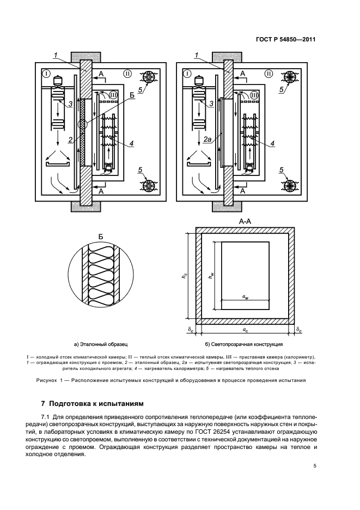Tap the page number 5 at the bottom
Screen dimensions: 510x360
[315, 466]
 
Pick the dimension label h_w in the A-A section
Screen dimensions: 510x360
[211, 277]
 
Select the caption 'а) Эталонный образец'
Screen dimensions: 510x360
[101, 344]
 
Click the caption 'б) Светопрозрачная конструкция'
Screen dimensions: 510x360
[243, 344]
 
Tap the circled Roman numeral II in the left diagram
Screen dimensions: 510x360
[127, 73]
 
